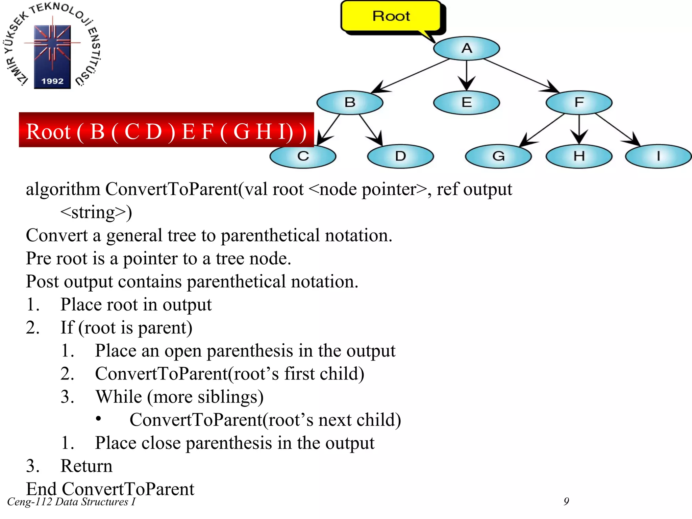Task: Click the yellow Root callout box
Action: coord(391,16)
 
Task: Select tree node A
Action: coord(466,48)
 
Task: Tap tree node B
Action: coord(350,102)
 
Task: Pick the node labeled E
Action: coord(466,102)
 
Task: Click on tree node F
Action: coord(579,102)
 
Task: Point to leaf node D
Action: coord(400,156)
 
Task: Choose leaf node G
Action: coord(498,156)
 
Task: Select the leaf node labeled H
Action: coord(579,156)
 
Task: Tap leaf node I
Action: coord(658,156)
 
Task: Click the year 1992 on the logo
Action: coord(52,81)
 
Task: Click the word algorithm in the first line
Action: coord(63,189)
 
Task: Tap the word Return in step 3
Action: coord(86,466)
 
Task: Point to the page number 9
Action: coord(566,501)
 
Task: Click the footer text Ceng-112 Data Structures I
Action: coord(71,502)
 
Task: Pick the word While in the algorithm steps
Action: coord(119,397)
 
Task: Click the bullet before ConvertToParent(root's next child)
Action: coord(98,419)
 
